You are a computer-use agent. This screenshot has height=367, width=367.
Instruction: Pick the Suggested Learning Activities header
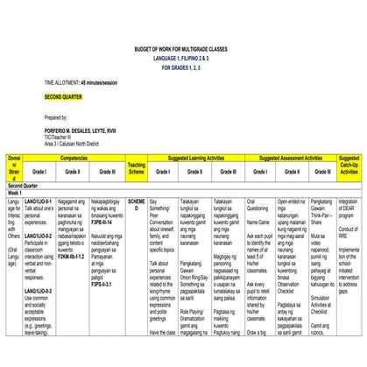coord(194,159)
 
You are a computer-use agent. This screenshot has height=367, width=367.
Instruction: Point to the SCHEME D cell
coord(134,205)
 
